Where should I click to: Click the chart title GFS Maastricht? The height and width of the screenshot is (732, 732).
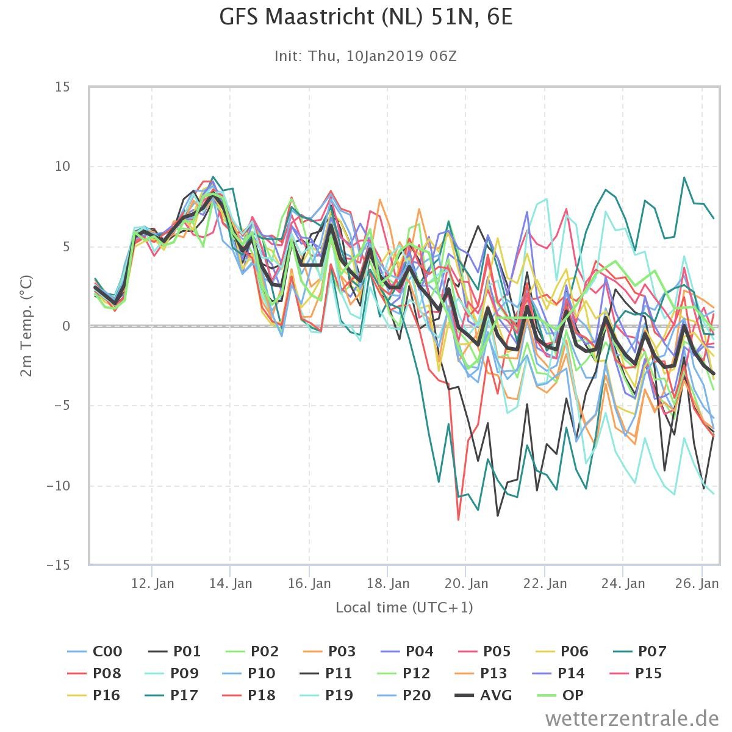[x=365, y=18]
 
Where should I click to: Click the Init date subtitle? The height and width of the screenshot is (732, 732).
[x=365, y=56]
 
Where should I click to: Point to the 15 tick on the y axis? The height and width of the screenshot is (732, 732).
[x=62, y=87]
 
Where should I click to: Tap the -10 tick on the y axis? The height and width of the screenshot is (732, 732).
[x=59, y=486]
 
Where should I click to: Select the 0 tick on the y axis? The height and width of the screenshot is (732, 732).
[x=66, y=326]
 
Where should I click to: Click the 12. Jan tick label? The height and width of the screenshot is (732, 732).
[x=152, y=583]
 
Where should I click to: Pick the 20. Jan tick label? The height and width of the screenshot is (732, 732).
[x=466, y=583]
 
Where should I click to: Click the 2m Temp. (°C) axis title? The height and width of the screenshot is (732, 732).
[x=26, y=326]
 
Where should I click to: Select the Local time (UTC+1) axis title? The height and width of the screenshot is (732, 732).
[x=404, y=608]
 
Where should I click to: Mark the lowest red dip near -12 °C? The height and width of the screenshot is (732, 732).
[x=458, y=520]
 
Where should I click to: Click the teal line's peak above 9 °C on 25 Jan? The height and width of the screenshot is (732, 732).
[x=684, y=178]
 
